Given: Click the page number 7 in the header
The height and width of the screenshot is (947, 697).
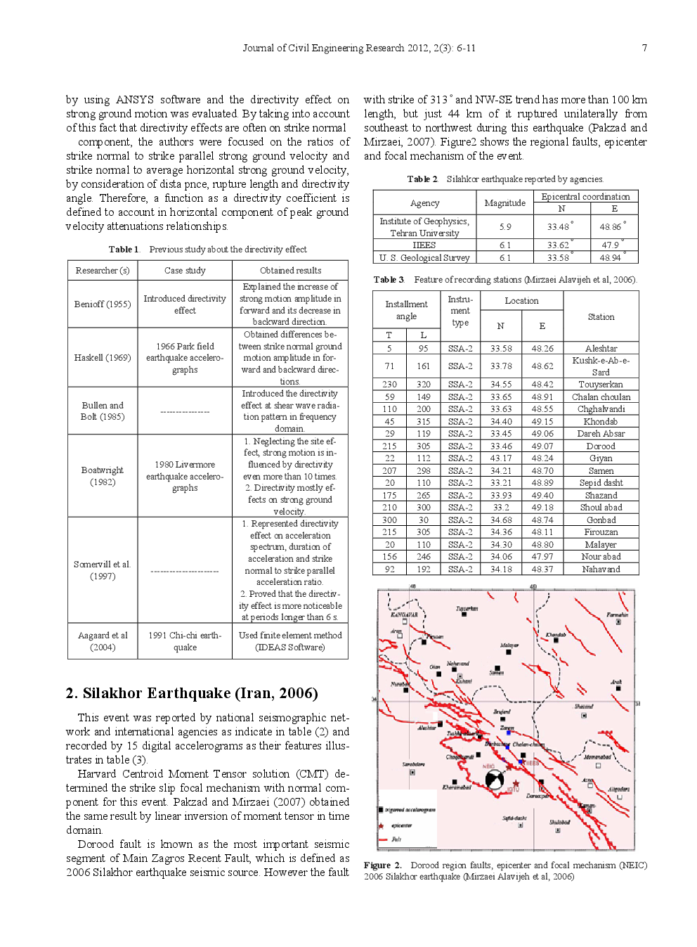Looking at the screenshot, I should (x=644, y=48).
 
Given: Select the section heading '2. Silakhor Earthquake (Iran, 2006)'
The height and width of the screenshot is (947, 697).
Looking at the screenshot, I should (x=192, y=693).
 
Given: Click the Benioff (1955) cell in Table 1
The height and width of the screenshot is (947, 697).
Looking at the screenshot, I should (x=103, y=304).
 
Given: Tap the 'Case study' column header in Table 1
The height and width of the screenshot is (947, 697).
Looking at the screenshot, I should (x=185, y=270).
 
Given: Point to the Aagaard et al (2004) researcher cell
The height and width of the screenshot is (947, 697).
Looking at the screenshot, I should (x=103, y=641).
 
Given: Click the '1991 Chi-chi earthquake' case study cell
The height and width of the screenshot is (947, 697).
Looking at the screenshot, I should (x=185, y=641).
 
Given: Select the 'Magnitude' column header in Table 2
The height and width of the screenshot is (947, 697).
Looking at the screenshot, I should (x=504, y=202).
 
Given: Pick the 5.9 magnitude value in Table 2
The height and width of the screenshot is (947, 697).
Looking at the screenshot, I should (x=504, y=226).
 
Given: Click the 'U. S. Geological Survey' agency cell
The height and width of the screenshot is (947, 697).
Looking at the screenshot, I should (x=424, y=257).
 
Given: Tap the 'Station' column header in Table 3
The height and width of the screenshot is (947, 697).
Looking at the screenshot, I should (x=601, y=317).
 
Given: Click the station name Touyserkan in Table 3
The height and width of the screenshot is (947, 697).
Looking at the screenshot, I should (x=601, y=385).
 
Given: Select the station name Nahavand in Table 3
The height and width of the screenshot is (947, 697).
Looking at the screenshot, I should (x=601, y=569).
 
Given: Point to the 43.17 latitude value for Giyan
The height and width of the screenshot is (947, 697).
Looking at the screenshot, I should (x=500, y=458).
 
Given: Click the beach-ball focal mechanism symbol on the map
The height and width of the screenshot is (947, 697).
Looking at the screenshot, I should (x=495, y=779).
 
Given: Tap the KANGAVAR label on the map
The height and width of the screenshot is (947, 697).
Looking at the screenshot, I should (x=404, y=614).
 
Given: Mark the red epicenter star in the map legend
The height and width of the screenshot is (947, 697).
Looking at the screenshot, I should (x=382, y=825).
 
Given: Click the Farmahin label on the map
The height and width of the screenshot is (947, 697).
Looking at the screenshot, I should (x=617, y=614).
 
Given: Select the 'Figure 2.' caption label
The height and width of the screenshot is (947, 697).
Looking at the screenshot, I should (x=382, y=865).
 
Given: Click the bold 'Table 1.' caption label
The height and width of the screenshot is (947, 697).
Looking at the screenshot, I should (x=124, y=249).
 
